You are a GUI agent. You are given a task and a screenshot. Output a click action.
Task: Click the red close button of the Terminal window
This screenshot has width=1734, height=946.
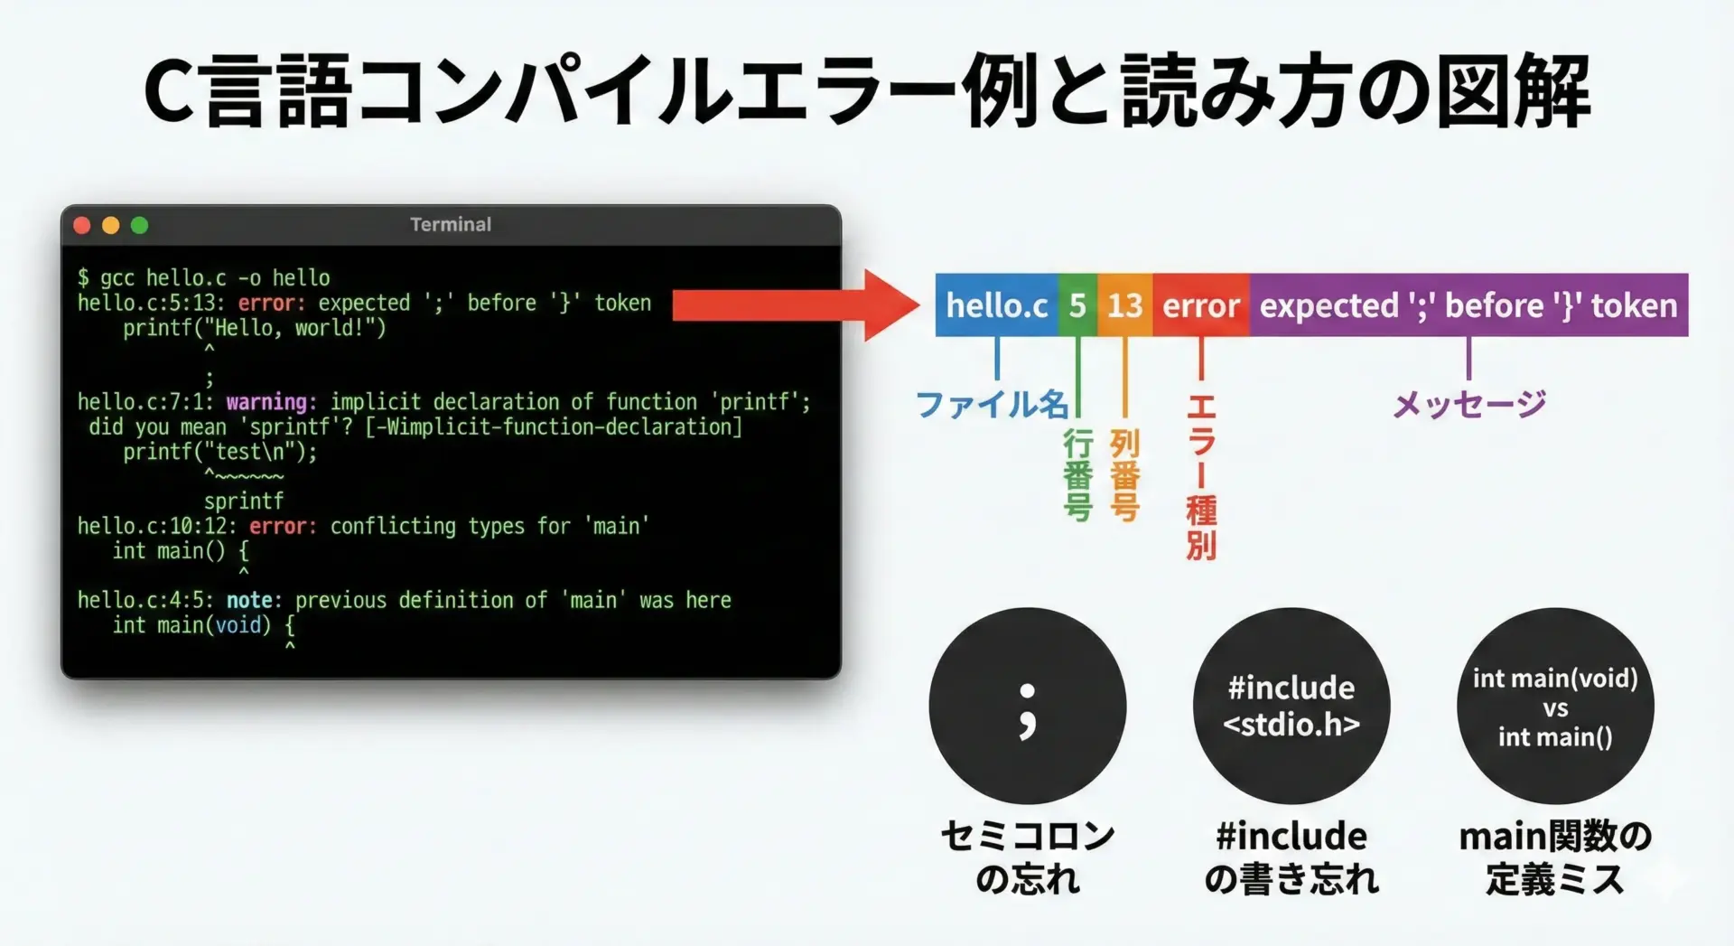tap(82, 225)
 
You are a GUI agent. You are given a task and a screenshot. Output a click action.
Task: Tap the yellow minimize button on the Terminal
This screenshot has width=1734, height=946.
tap(111, 225)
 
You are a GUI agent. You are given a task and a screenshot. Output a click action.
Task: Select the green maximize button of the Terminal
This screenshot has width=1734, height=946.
tap(139, 225)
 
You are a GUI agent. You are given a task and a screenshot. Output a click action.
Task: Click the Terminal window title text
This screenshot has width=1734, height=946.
tap(451, 224)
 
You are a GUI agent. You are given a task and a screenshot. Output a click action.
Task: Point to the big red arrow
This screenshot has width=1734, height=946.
tap(796, 304)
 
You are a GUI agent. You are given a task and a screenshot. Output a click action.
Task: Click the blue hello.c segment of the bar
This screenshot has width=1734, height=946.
tap(996, 304)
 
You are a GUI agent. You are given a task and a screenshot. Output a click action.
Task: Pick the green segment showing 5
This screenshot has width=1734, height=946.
tap(1077, 304)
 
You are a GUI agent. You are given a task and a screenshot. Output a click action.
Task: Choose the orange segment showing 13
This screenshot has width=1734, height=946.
tap(1125, 304)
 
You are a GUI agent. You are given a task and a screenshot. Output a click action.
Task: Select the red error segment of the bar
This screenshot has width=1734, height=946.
tap(1201, 304)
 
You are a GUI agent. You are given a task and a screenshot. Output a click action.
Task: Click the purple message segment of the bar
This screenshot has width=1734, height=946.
tap(1468, 304)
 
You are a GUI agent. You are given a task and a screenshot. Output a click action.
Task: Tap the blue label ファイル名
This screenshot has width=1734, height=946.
tap(992, 404)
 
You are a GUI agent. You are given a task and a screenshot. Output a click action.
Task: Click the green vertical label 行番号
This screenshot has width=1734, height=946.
tap(1077, 474)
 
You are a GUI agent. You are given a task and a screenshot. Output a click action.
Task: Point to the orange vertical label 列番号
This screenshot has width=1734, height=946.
tap(1124, 474)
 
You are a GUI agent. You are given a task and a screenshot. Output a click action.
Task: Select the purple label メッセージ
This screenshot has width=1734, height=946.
tap(1469, 404)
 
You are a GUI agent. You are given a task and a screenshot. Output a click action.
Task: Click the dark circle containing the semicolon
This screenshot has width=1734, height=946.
tap(1028, 706)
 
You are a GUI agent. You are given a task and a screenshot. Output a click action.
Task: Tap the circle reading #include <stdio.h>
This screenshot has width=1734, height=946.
tap(1291, 706)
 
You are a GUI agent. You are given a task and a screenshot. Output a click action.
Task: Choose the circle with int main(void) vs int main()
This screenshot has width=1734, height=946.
tap(1555, 706)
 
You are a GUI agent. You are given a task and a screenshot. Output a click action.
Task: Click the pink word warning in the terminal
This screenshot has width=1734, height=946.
tap(266, 401)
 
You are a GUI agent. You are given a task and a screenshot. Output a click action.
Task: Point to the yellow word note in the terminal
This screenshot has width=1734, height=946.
tap(249, 600)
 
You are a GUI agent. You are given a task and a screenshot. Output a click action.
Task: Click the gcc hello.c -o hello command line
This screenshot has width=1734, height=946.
tap(204, 277)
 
